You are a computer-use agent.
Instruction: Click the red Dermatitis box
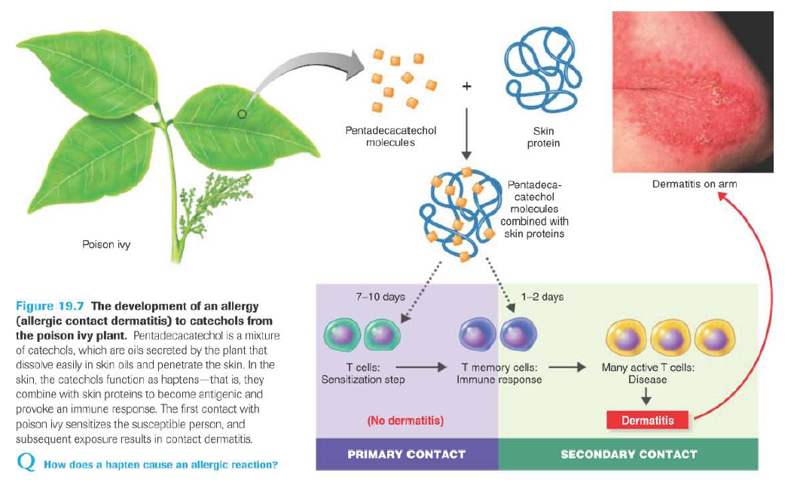(647, 420)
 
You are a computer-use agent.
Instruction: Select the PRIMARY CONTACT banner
(406, 454)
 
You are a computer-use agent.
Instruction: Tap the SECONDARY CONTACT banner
(628, 454)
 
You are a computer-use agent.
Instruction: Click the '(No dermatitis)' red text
(405, 420)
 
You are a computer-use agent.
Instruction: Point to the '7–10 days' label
(380, 297)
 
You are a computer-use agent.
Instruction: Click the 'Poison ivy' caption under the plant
(105, 245)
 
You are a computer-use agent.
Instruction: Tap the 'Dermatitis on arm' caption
(695, 184)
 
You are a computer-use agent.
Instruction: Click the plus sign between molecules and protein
(467, 87)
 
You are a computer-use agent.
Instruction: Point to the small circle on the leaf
(241, 114)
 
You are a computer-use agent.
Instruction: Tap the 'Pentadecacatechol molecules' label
(390, 136)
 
